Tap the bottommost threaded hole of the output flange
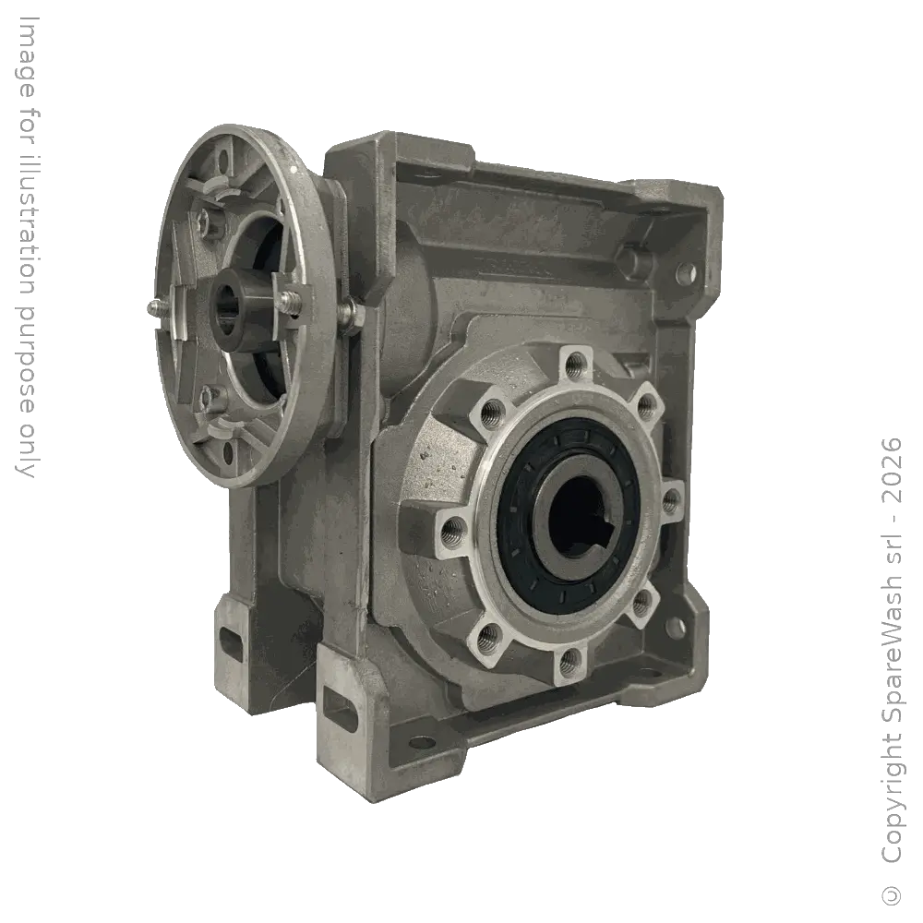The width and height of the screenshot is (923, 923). [571, 658]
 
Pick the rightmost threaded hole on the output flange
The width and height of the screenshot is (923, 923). [672, 501]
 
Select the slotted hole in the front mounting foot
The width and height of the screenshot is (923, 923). [342, 713]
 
